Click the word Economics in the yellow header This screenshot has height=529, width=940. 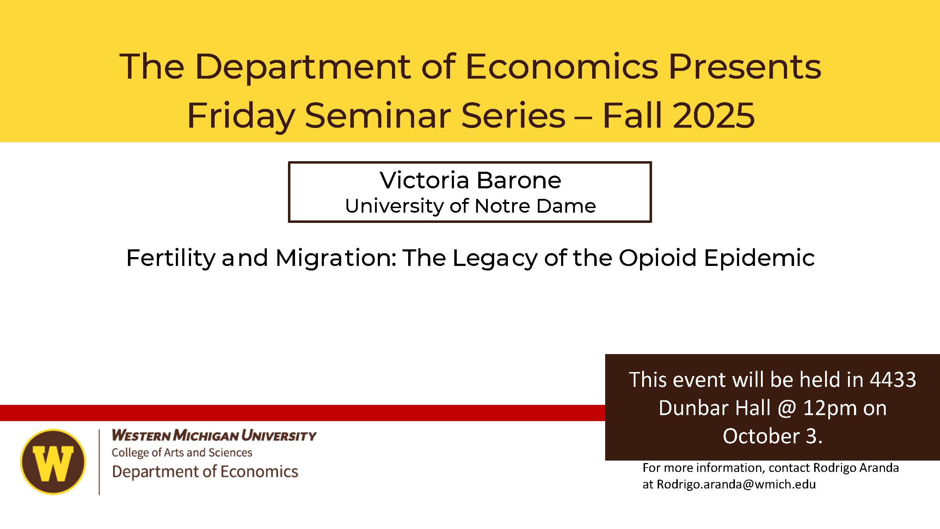[x=562, y=66]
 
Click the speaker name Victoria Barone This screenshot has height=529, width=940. [x=470, y=180]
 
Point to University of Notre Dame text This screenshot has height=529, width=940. [x=470, y=206]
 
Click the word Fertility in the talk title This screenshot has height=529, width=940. [x=171, y=258]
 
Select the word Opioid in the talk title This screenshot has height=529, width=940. [x=658, y=257]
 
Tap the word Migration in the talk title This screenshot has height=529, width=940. [x=336, y=257]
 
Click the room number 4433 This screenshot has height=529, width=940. [x=892, y=379]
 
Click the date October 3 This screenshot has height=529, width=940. [x=772, y=436]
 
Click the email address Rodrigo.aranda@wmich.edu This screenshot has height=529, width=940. [x=736, y=484]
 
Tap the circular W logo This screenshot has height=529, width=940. [x=53, y=462]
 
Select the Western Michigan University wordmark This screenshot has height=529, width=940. [x=214, y=435]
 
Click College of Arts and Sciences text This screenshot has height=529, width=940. [x=182, y=453]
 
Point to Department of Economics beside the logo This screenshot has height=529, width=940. [x=205, y=471]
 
